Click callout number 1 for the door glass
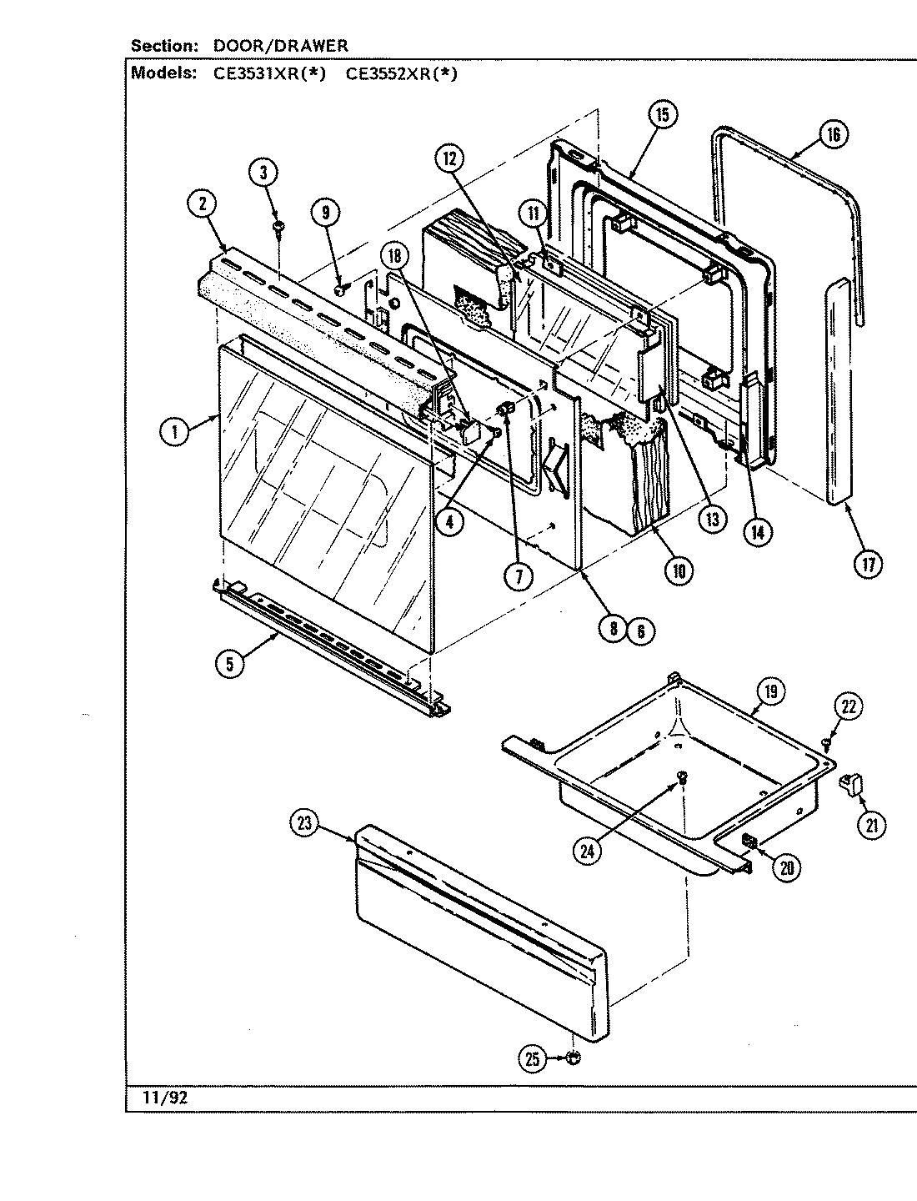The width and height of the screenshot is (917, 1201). [x=174, y=432]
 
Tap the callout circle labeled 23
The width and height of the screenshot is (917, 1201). [x=303, y=824]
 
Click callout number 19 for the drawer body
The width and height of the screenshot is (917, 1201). [x=770, y=691]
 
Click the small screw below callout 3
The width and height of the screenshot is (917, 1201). [x=277, y=226]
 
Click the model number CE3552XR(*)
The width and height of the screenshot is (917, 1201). [x=402, y=73]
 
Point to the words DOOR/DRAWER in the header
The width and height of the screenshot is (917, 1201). [x=279, y=45]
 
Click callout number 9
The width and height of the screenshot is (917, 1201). [x=325, y=214]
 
